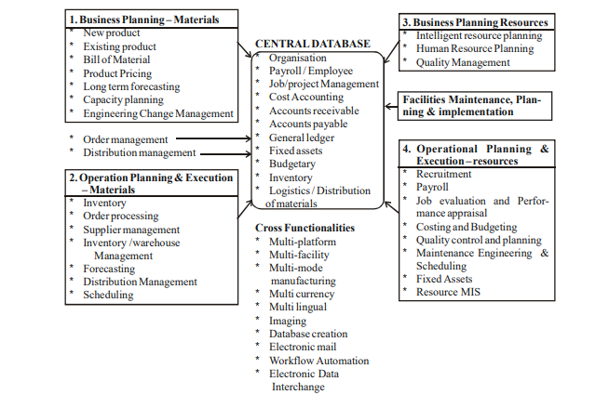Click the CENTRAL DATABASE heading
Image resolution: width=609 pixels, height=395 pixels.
[312, 43]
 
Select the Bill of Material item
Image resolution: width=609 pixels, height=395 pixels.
[117, 60]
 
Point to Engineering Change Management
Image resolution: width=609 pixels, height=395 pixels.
[158, 113]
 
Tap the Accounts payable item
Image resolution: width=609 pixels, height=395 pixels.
[308, 124]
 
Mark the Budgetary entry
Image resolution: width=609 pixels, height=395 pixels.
[292, 164]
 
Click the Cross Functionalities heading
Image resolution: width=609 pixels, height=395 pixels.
[304, 228]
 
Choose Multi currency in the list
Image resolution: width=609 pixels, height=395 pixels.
[303, 294]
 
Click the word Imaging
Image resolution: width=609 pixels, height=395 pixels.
[288, 320]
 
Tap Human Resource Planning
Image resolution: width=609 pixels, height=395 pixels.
[476, 48]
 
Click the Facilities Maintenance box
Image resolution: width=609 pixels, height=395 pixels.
[469, 104]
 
